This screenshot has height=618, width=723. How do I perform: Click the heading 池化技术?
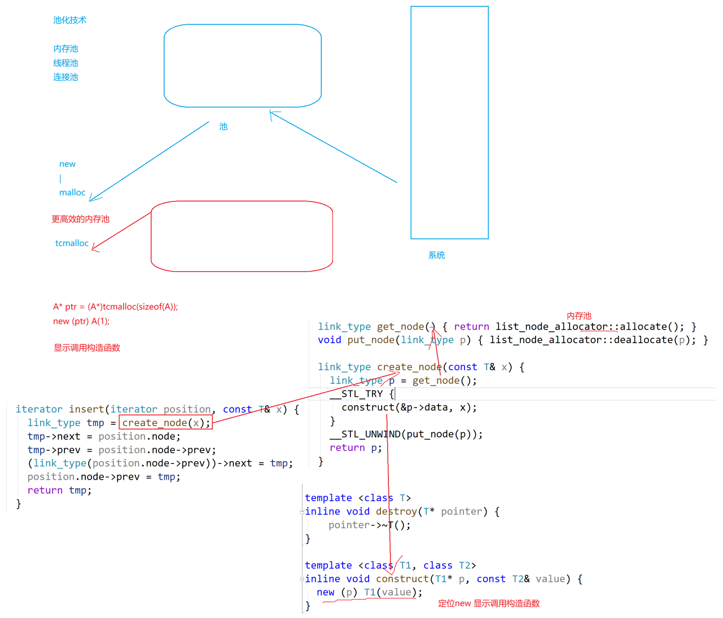point(70,20)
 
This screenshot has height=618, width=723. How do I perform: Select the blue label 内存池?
point(65,49)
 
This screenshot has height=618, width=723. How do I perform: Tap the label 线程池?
point(65,63)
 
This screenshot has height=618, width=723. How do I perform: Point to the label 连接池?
point(65,77)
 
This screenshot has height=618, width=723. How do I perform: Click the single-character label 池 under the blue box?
point(224,126)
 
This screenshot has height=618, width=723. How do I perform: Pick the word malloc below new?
point(72,192)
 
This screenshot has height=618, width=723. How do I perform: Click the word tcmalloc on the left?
point(72,243)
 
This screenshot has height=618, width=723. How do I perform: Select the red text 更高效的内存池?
point(80,219)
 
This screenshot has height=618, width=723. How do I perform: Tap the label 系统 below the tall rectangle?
point(436,255)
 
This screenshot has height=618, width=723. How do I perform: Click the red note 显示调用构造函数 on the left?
point(87,348)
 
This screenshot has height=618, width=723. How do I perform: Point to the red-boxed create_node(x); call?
point(166,423)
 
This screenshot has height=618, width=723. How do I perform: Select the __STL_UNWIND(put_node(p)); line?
point(406,435)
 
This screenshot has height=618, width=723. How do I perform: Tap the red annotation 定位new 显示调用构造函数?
point(489,603)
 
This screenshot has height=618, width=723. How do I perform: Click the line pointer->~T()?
point(370,525)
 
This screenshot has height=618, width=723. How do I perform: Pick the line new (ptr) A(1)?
point(81,321)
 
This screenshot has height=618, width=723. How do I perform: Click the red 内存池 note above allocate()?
point(579,316)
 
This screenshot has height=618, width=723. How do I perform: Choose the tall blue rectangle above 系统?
point(449,122)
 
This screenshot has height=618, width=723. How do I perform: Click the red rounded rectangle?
point(242,236)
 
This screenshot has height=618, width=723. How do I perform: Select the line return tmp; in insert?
point(59,490)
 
